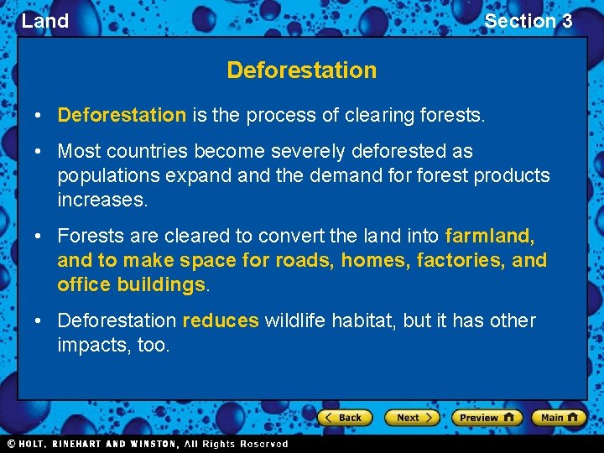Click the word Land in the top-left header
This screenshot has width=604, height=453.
[x=45, y=21]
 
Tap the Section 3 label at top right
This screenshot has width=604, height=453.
[x=528, y=21]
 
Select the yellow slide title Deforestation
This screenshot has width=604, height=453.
[x=301, y=70]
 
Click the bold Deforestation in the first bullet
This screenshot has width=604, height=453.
[x=122, y=115]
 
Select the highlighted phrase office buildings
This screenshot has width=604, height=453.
[x=131, y=285]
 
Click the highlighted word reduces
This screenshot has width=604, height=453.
[x=221, y=321]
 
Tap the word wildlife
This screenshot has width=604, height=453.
[x=294, y=321]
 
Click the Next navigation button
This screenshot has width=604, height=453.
[x=412, y=417]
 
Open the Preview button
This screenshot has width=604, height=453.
[x=487, y=417]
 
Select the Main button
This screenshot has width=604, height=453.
[x=560, y=417]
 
